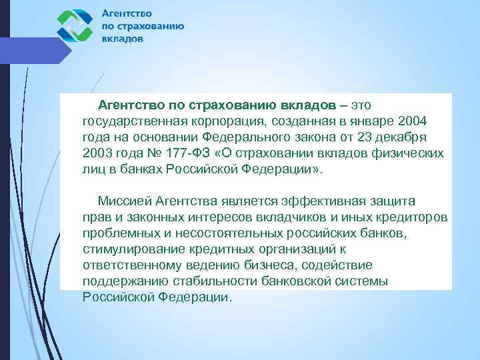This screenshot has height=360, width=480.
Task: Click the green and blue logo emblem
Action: click(75, 25)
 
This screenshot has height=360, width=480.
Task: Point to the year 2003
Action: click(97, 153)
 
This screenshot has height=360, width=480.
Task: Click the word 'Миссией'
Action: click(124, 201)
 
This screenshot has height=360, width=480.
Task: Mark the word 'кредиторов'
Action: click(413, 217)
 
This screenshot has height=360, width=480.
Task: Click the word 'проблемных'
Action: click(117, 233)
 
